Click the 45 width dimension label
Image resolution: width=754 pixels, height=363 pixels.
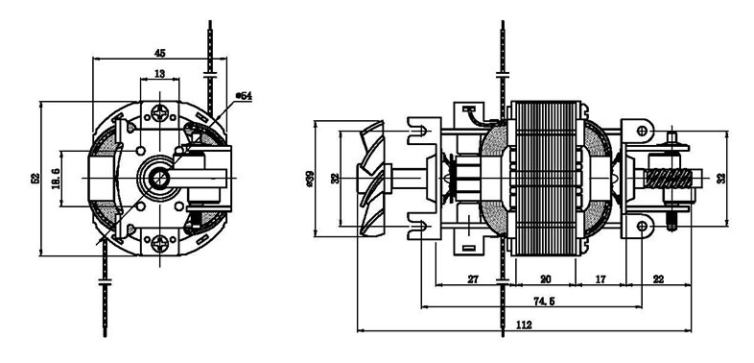160,53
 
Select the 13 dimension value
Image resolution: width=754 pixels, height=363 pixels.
160,74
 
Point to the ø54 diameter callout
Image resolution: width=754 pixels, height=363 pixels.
244,96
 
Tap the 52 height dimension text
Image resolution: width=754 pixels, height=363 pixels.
35,179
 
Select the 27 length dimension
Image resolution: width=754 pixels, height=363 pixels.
473,279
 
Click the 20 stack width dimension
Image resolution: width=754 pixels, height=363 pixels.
545,279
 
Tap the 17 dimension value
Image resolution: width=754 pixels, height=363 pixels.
601,279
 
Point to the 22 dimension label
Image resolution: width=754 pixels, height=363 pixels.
658,279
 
